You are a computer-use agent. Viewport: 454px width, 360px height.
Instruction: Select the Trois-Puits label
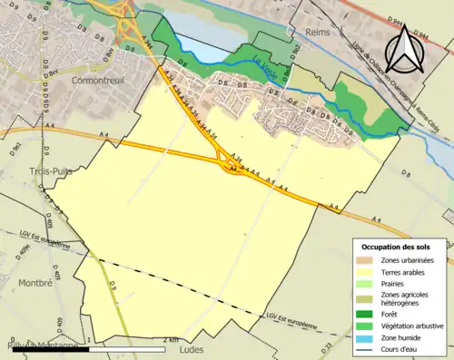28,170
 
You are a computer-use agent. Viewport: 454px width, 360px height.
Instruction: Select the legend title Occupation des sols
398,247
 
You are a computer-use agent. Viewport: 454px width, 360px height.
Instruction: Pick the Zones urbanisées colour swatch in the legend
368,260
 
